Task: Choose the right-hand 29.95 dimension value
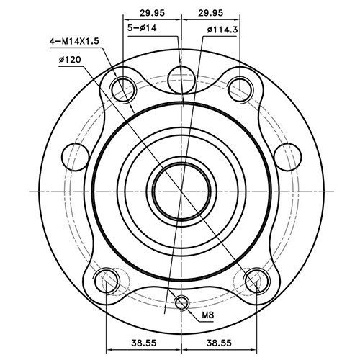211,12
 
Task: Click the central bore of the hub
181,190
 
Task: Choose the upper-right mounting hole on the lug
240,87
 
